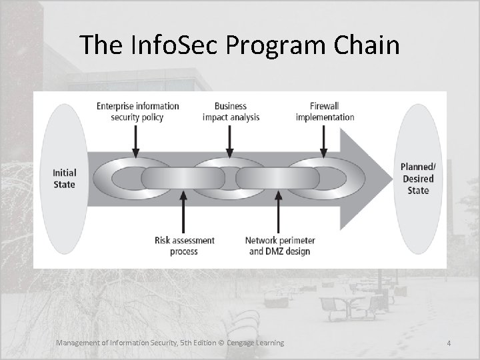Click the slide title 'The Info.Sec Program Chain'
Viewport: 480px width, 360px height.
239,45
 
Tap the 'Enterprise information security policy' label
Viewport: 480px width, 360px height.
138,111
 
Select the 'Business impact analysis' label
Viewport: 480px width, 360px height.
231,111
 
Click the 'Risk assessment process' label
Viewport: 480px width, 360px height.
185,246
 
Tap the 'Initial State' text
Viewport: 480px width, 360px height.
65,178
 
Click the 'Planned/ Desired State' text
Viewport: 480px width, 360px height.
418,179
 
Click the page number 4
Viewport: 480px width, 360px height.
449,343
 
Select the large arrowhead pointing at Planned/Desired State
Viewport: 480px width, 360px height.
367,178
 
